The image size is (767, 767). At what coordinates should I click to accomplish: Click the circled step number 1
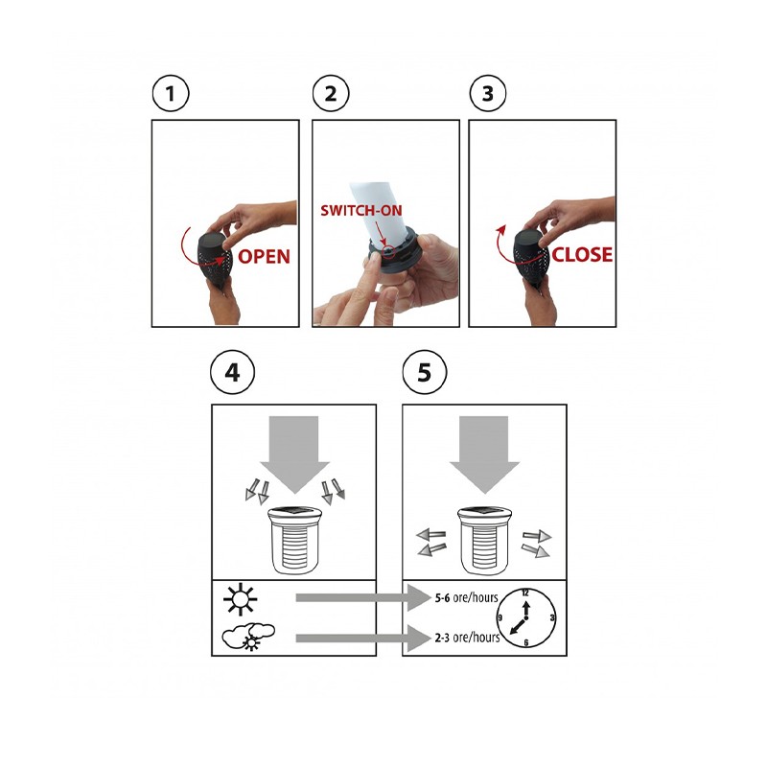(x=171, y=93)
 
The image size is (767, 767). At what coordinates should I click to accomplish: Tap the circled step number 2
(x=331, y=93)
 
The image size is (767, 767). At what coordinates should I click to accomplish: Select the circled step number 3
(x=488, y=93)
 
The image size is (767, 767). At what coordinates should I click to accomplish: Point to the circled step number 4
(x=232, y=373)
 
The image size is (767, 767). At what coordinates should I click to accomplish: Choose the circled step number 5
(x=424, y=373)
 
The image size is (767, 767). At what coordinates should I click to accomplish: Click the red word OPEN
(x=265, y=256)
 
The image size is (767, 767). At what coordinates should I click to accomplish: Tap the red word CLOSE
(x=582, y=254)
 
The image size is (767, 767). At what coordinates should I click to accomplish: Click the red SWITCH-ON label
(x=361, y=211)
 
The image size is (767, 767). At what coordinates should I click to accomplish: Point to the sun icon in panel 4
(x=241, y=598)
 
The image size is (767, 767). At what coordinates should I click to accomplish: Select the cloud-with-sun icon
(x=248, y=637)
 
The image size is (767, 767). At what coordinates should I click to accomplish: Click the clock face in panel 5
(x=525, y=617)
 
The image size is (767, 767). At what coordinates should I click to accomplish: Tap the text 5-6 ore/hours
(x=466, y=597)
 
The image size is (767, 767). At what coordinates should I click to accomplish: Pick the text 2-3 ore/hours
(x=467, y=638)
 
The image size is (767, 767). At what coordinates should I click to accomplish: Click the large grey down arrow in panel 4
(x=294, y=453)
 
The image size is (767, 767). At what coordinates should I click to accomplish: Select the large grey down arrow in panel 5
(x=484, y=453)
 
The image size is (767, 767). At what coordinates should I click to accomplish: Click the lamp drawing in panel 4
(x=294, y=540)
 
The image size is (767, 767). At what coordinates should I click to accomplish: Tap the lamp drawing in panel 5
(x=484, y=540)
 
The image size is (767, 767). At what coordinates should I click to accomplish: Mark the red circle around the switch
(x=387, y=250)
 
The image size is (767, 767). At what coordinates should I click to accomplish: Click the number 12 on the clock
(x=525, y=593)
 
